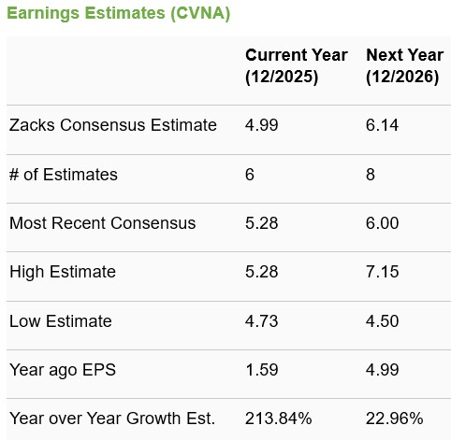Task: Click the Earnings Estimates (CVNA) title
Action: [119, 15]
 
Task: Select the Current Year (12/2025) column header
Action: [296, 66]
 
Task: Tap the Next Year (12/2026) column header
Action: [403, 66]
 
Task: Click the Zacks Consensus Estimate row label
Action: [112, 125]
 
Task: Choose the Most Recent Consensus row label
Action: [102, 222]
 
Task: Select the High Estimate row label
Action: [62, 272]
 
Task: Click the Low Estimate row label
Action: [60, 320]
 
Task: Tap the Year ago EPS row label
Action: [61, 369]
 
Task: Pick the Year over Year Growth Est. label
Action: [111, 418]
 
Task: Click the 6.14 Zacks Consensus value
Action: [383, 125]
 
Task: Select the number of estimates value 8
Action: [371, 174]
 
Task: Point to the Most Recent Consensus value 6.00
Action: [383, 222]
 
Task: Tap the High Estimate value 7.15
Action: [383, 272]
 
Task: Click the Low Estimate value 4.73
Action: [261, 320]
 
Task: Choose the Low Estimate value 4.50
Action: [383, 320]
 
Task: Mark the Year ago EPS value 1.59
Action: [261, 369]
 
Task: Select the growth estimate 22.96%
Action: [394, 418]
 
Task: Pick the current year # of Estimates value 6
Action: [250, 174]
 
